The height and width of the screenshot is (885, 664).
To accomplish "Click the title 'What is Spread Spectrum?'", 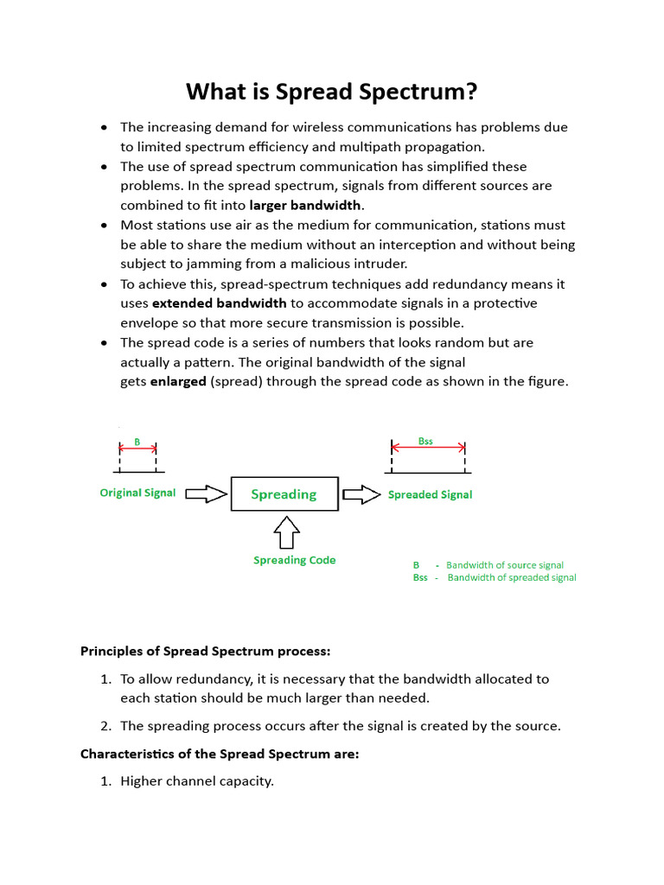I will (x=332, y=91).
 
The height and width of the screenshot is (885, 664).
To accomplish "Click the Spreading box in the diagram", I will (x=284, y=494).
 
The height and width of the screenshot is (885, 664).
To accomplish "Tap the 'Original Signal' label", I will (x=137, y=493).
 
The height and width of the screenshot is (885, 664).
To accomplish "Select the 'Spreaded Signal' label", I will (x=430, y=494).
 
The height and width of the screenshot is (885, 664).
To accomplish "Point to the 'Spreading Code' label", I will (x=294, y=560).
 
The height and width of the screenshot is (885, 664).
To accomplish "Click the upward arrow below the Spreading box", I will (x=286, y=532).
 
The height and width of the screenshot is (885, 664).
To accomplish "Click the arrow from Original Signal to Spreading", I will (x=206, y=494).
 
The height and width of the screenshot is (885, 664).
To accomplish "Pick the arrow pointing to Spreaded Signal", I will (x=361, y=494).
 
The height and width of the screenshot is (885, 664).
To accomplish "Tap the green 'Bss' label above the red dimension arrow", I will (x=425, y=441).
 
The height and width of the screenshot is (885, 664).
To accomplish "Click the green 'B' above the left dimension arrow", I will (x=137, y=442).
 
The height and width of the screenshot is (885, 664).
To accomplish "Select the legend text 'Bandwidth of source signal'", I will (x=504, y=564).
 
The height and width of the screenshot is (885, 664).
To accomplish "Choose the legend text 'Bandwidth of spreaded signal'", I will (x=511, y=577).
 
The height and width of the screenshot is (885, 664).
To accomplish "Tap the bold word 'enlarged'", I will (x=178, y=381).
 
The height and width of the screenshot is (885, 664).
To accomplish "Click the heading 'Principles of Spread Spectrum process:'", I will (x=206, y=651).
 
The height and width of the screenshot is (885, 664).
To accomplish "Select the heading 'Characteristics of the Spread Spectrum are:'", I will (x=220, y=754).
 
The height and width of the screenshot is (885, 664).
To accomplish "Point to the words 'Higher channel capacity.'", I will (x=197, y=781).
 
